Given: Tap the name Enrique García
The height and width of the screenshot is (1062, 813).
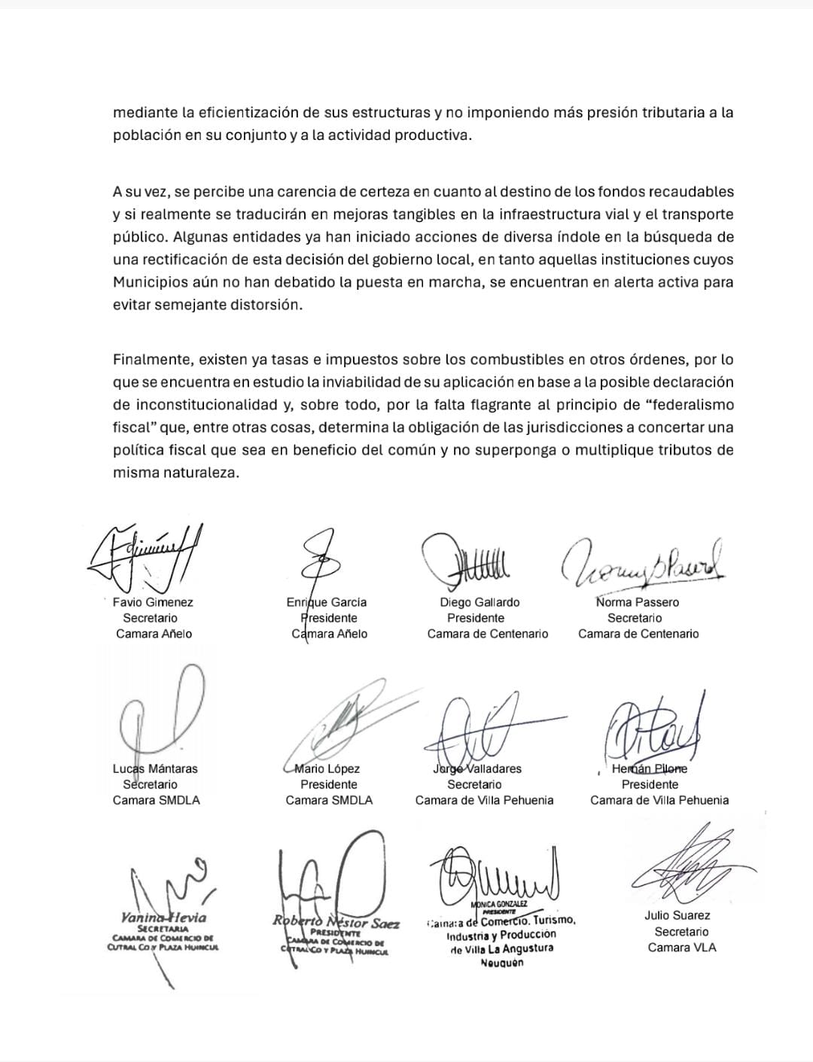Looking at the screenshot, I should point(327,602).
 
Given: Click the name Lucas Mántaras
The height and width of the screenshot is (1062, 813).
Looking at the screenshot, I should point(155,768).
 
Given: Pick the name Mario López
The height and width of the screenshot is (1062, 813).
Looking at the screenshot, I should point(327,768).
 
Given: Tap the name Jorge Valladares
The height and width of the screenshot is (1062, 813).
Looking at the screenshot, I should point(477,768).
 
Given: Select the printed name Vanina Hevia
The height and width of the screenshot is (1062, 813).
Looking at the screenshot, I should point(163,917).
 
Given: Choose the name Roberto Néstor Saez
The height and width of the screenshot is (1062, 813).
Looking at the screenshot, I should point(336,923).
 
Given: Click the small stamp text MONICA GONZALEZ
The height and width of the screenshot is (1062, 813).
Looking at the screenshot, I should point(499,904).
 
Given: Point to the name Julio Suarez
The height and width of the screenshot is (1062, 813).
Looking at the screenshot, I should point(677,915).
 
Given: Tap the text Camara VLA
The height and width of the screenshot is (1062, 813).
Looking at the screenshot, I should point(682,947).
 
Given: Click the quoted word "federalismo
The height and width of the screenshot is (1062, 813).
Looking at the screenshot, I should point(690,405).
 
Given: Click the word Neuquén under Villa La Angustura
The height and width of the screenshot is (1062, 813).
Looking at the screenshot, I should point(502,963).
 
